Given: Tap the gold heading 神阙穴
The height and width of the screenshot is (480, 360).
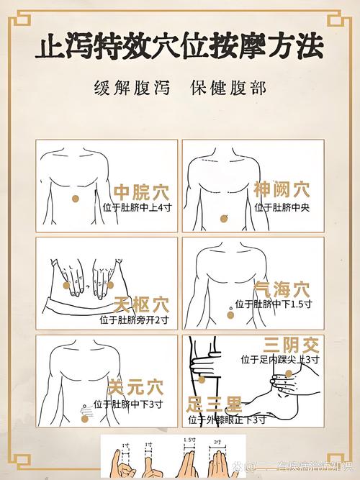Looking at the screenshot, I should click(x=282, y=190).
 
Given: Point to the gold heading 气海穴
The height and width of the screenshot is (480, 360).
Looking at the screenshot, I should click(x=282, y=289).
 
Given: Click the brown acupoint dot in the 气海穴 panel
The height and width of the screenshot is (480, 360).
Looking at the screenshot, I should click(x=230, y=312).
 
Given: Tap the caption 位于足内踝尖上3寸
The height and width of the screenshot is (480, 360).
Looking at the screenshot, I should click(x=280, y=358).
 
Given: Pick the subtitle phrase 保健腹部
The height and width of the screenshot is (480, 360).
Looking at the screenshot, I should click(x=228, y=88).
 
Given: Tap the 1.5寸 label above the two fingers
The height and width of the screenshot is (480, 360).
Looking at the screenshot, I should click(x=189, y=440).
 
